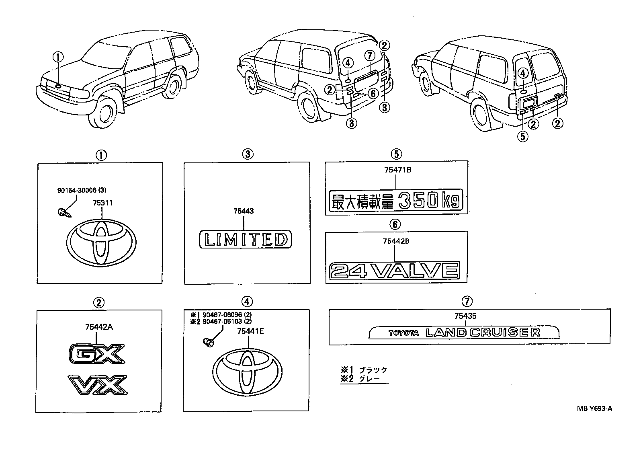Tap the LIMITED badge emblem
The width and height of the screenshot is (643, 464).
click(246, 240)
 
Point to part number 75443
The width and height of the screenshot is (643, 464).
click(244, 211)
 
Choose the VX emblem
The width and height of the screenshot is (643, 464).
click(98, 385)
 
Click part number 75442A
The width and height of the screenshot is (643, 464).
click(99, 327)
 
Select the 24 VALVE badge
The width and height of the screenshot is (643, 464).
click(394, 270)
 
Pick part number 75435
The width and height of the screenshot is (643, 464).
click(465, 316)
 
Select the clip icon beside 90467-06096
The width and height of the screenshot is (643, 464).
click(208, 342)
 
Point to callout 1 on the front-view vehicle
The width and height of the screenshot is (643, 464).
click(59, 58)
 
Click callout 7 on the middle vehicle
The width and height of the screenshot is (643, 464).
click(370, 55)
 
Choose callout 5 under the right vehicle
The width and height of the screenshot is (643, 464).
click(522, 137)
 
